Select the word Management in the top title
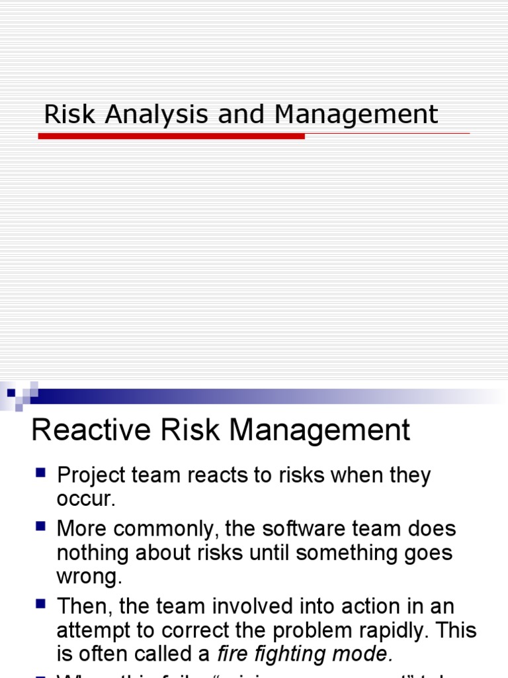click(357, 115)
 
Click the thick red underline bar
click(171, 136)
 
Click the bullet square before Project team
click(40, 473)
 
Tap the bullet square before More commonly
click(40, 527)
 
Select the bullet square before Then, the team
click(40, 605)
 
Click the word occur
click(86, 499)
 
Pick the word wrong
click(89, 576)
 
